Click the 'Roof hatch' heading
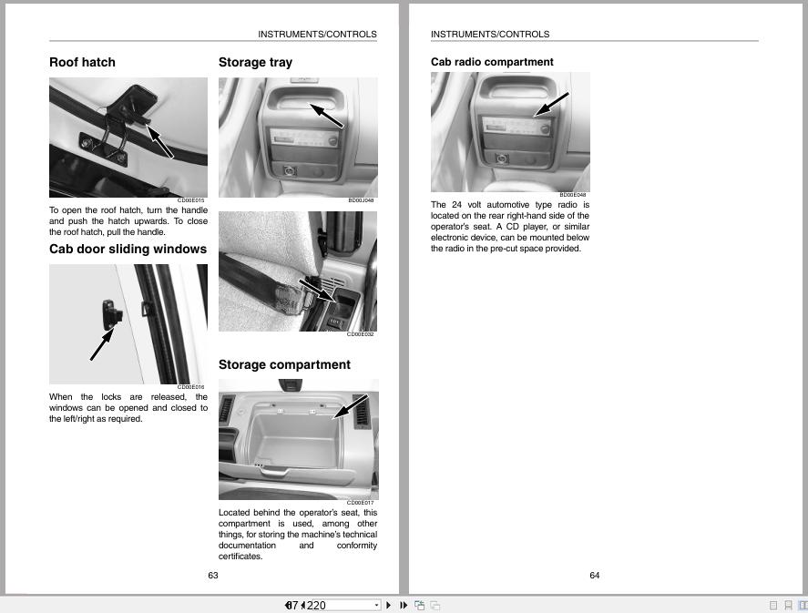[82, 62]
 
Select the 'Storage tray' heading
[255, 62]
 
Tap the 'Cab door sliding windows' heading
[128, 249]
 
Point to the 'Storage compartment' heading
[284, 364]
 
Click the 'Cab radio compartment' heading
[492, 62]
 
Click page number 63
[213, 575]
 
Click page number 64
[595, 575]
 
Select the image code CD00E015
[191, 200]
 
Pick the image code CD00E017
[360, 503]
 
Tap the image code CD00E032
[360, 334]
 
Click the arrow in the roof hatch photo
[159, 140]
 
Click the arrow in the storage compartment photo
[352, 406]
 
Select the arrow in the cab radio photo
[551, 103]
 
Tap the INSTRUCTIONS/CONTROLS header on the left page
[317, 35]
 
